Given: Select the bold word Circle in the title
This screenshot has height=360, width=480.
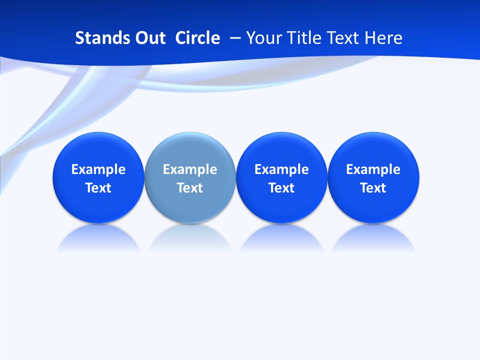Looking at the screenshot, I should click(x=197, y=38).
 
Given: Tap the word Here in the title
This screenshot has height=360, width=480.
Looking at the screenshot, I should click(x=383, y=38).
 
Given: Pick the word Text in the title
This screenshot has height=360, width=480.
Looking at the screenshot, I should click(x=344, y=38).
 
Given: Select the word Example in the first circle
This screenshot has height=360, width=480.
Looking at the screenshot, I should click(x=98, y=169).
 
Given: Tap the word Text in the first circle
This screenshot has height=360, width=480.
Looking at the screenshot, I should click(x=98, y=188).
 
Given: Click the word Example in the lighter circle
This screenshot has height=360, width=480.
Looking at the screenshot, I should click(x=190, y=169).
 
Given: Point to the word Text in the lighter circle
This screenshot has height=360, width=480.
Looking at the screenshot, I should click(x=190, y=188).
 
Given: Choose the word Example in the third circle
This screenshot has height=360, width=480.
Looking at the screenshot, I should click(x=281, y=169).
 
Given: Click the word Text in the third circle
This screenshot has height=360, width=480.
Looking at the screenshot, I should click(x=281, y=188).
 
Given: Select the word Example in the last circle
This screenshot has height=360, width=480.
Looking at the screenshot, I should click(x=373, y=169).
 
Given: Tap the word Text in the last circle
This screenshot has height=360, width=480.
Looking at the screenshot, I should click(x=373, y=188).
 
